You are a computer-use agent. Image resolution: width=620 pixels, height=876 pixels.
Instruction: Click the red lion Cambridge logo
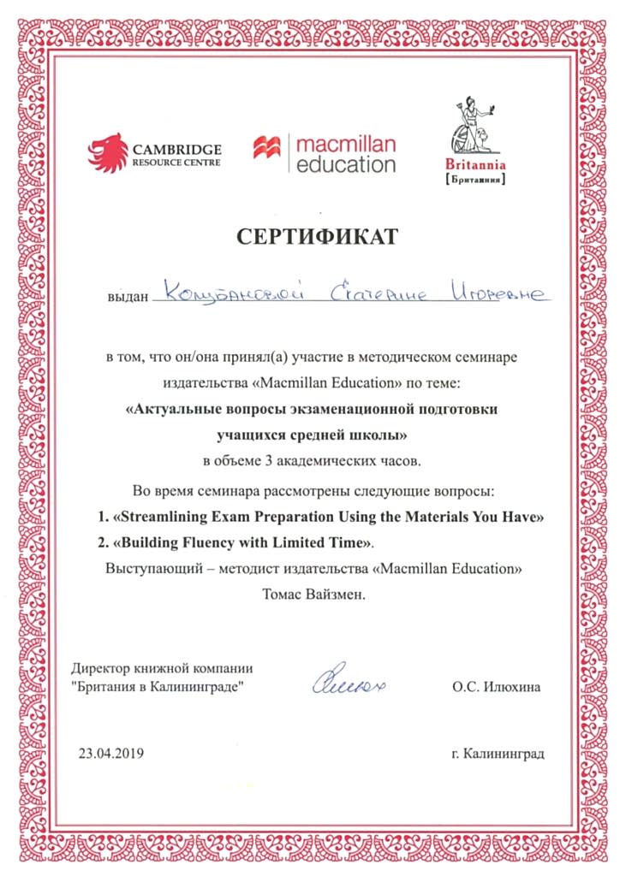tap(107, 151)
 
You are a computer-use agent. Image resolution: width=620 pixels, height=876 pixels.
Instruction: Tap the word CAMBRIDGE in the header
tap(177, 147)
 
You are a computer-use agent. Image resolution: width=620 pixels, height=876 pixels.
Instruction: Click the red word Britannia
tap(476, 165)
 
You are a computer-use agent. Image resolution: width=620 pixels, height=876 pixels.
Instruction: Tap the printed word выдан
tap(127, 296)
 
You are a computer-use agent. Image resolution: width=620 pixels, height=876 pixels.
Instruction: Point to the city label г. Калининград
tap(497, 754)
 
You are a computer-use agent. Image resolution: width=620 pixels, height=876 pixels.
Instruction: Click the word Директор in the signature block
tap(100, 669)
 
